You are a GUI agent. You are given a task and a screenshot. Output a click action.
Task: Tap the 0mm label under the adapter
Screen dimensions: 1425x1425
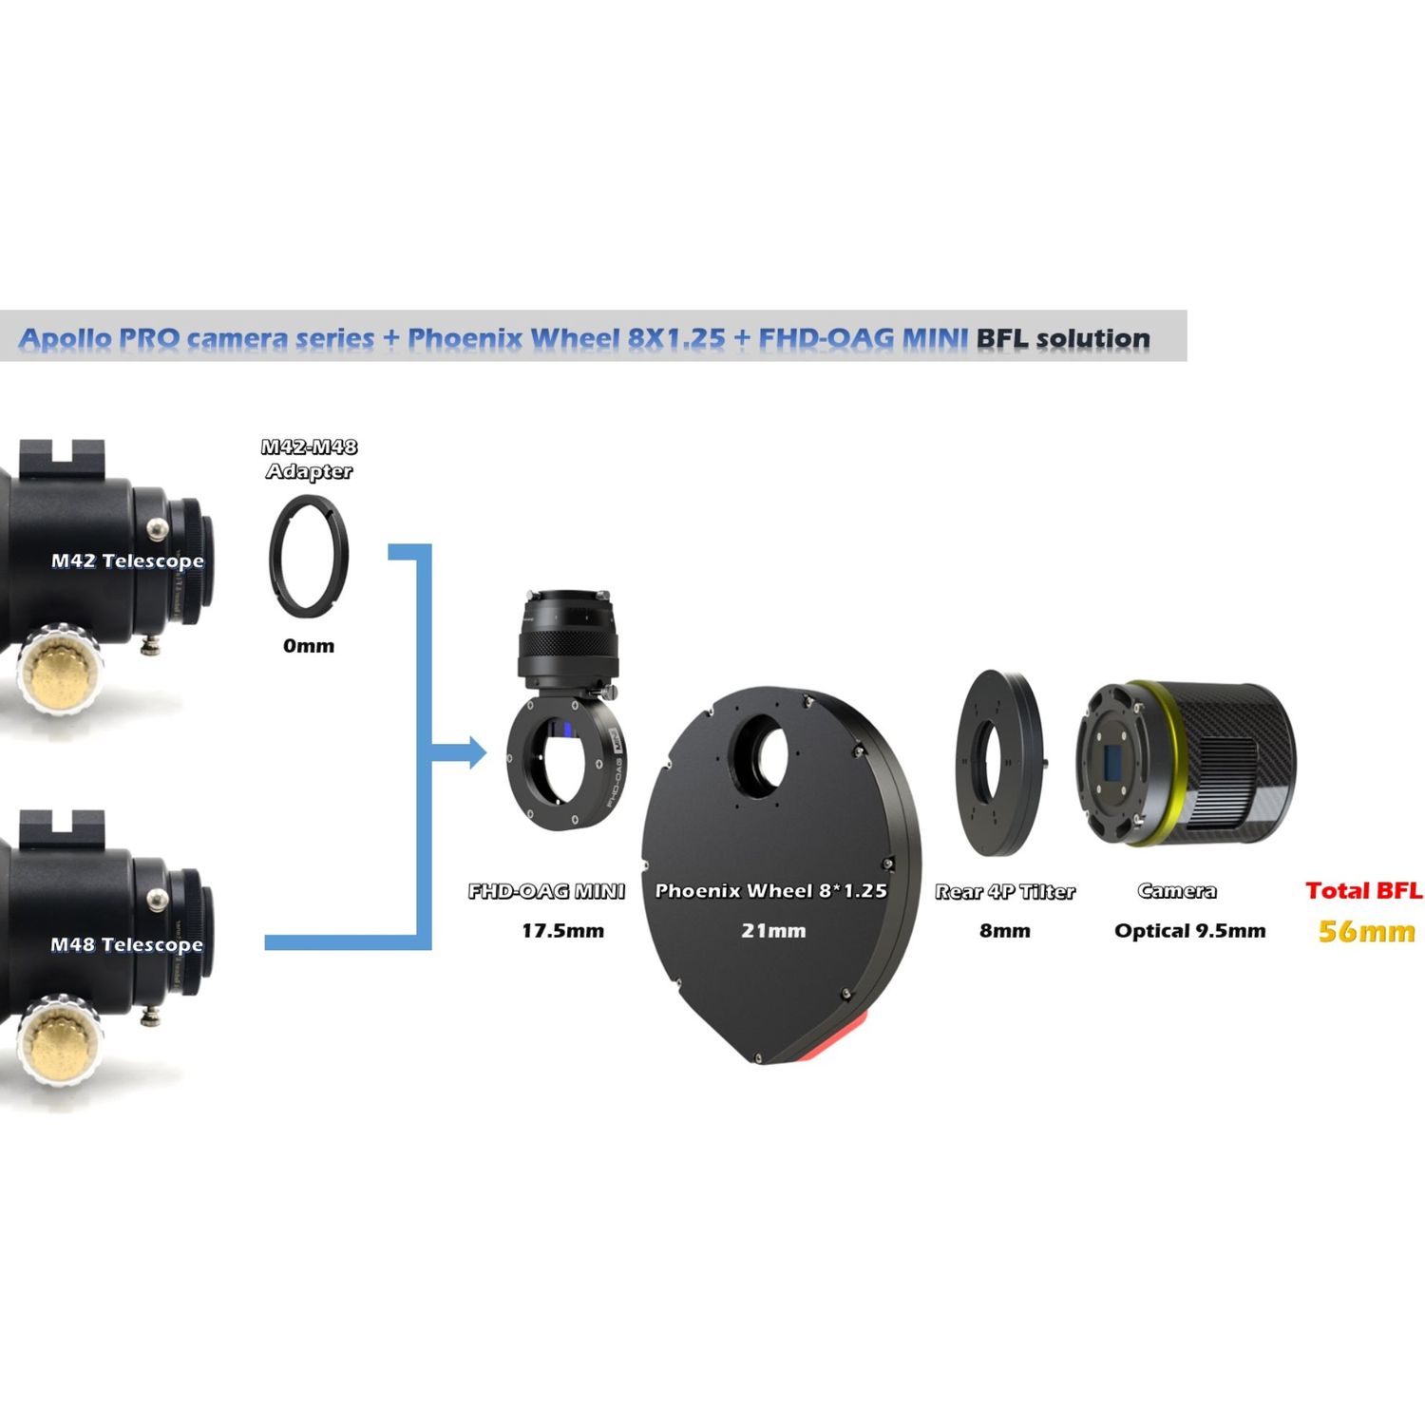[309, 646]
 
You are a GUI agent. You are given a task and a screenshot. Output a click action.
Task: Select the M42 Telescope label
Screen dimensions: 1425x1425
[127, 560]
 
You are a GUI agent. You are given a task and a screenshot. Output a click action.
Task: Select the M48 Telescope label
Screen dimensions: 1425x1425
[127, 944]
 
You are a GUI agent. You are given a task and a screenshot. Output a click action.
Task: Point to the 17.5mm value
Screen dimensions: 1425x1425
[562, 931]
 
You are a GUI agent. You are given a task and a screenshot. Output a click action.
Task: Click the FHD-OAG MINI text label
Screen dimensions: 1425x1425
[546, 891]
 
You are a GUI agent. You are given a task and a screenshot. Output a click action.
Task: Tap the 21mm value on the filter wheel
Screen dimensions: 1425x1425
[773, 931]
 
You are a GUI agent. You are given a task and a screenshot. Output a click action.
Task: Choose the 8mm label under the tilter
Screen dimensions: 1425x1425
[1005, 931]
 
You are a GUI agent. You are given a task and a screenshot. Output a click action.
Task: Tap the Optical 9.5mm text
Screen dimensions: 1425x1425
[1190, 931]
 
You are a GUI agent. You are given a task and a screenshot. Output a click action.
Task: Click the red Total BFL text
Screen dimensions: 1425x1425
[1364, 890]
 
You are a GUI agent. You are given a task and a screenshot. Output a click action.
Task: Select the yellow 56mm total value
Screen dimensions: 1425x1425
[1367, 931]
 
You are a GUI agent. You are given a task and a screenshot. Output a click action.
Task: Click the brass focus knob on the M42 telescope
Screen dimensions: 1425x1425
[60, 668]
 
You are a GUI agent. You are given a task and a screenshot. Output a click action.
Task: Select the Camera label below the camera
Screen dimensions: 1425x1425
[1177, 891]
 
